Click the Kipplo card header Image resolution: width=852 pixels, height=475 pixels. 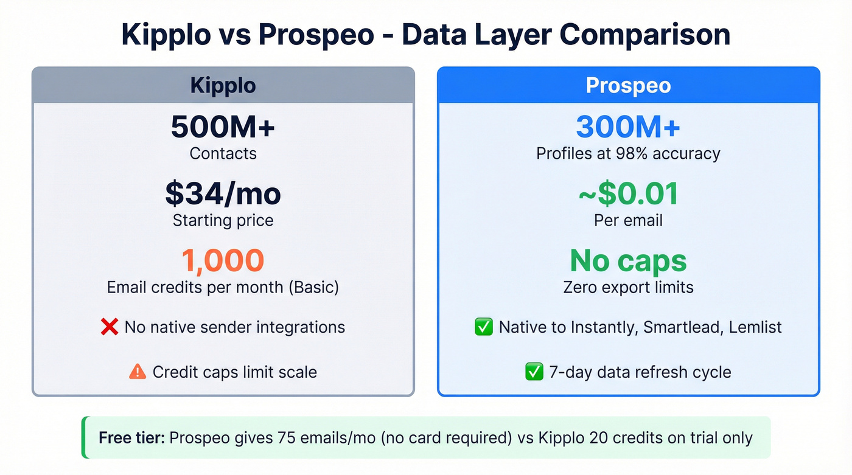tap(223, 85)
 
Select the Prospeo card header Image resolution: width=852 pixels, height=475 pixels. tap(628, 85)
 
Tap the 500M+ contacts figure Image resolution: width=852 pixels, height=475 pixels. tap(223, 127)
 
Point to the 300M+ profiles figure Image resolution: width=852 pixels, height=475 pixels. tap(628, 127)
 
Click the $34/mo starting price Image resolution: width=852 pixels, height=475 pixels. tap(223, 193)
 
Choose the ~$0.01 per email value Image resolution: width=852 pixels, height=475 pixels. tap(628, 193)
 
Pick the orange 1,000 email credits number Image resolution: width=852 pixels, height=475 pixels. tap(223, 260)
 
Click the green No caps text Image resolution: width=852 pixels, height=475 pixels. tap(628, 260)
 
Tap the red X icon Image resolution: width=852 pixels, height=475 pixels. tap(109, 327)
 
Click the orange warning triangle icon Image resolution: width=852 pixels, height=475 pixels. tap(138, 372)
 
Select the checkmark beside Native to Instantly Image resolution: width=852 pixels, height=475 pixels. tap(483, 327)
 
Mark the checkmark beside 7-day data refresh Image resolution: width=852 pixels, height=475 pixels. tap(534, 372)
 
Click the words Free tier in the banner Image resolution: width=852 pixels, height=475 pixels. tap(131, 437)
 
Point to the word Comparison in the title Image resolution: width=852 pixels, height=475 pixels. tap(644, 35)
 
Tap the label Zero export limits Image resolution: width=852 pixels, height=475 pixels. tap(628, 286)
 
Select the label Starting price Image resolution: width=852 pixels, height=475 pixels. tap(223, 220)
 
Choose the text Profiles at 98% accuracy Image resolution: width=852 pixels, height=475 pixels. tap(628, 153)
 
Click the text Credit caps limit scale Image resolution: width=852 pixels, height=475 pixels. tap(234, 372)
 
